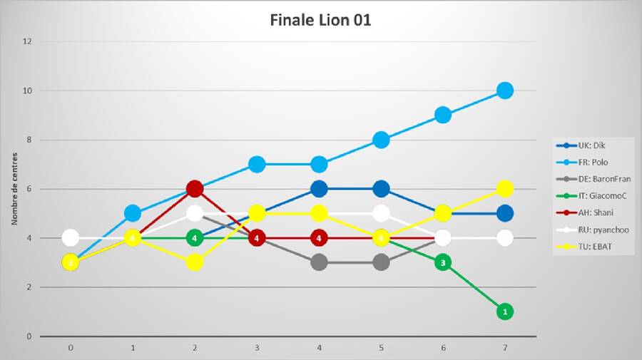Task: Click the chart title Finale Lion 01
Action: pos(320,20)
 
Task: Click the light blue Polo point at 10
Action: pos(505,91)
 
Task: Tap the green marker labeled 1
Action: pos(505,312)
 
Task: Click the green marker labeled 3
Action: pos(443,262)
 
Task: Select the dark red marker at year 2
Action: pos(194,189)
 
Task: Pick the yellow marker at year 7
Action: pos(505,189)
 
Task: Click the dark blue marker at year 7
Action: pos(505,213)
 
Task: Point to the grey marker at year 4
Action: pos(319,262)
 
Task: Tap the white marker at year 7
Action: pos(505,238)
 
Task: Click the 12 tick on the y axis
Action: pos(29,41)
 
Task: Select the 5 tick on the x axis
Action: pos(381,349)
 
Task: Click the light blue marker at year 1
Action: pos(132,213)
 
